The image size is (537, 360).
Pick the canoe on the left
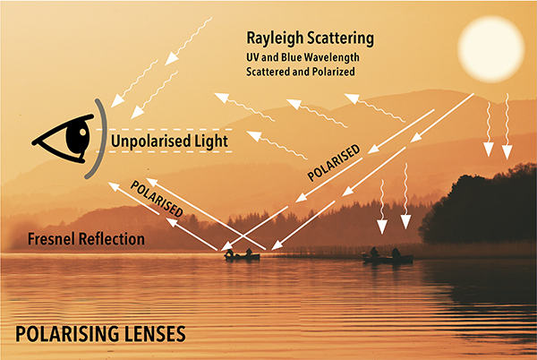[x=242, y=256]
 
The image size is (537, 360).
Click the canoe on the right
[x=388, y=258]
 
